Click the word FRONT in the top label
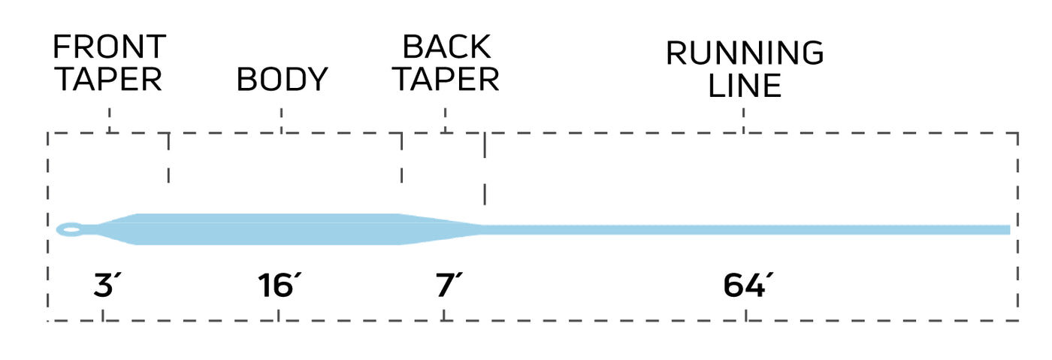109,47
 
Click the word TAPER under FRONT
109,79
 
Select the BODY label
283,79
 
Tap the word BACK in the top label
446,47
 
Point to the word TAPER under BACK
446,79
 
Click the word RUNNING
745,54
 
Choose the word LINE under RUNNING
745,86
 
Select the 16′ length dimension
279,286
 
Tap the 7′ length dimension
448,286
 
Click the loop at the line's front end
71,229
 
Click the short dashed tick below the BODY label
282,120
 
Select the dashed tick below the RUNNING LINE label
744,120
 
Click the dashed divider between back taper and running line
485,169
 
